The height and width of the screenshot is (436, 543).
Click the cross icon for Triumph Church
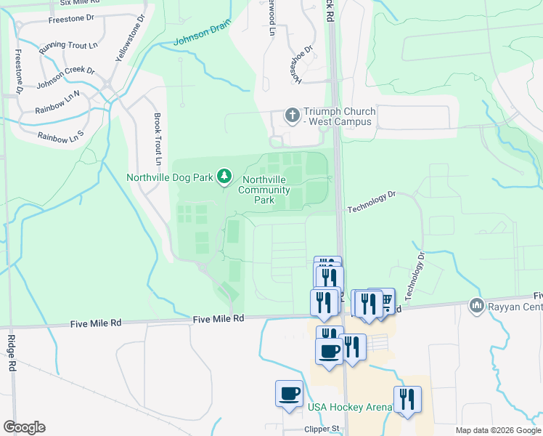(292, 116)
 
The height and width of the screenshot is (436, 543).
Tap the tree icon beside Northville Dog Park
(225, 177)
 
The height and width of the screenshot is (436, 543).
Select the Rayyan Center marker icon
(477, 304)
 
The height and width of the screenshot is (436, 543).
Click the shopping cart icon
(385, 300)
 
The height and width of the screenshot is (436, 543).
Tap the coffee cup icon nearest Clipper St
(289, 394)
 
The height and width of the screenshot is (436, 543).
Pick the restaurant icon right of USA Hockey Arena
(407, 399)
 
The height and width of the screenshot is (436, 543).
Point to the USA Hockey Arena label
(349, 407)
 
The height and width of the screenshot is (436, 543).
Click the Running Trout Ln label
(68, 45)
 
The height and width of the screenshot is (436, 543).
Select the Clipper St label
(322, 429)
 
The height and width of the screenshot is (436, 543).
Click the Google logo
(24, 427)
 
